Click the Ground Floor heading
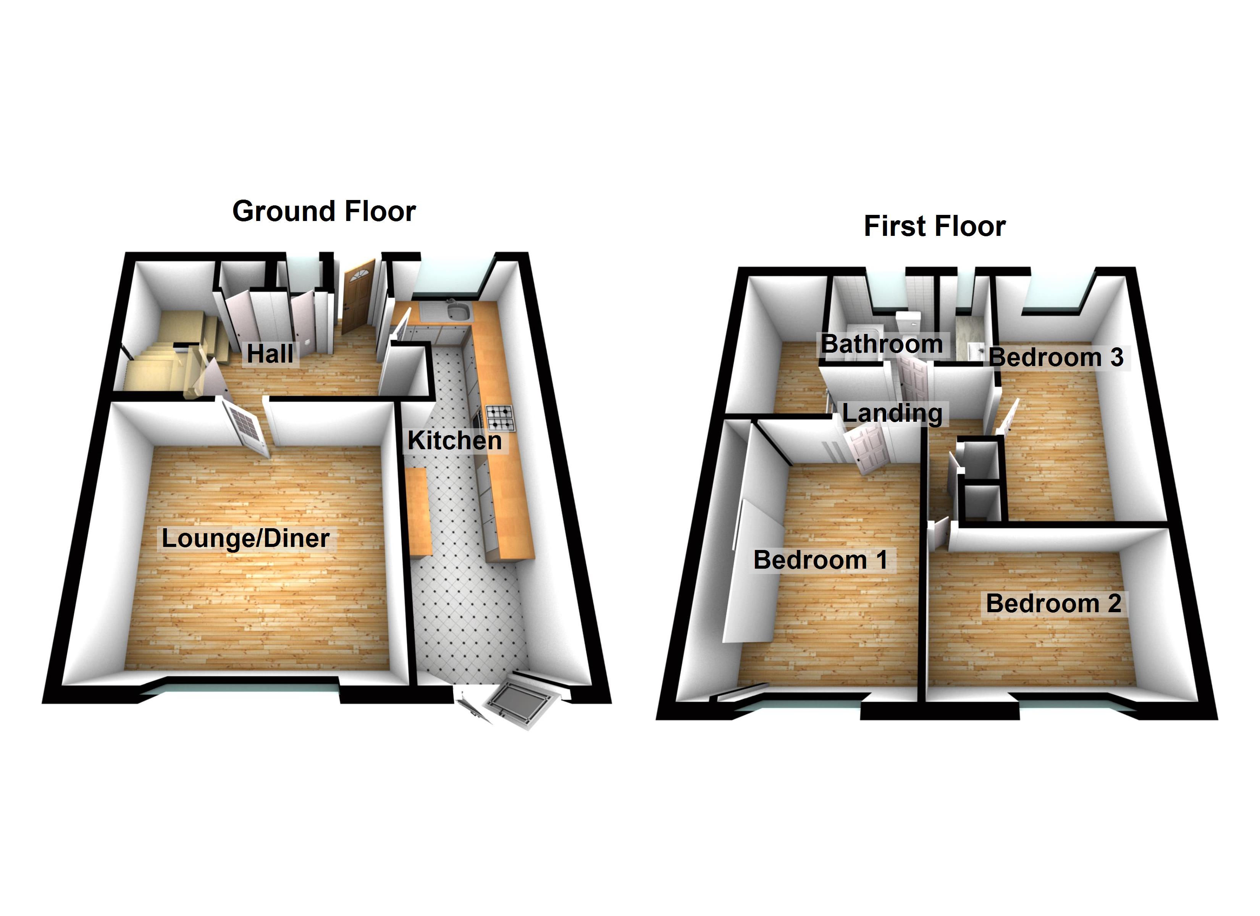tap(324, 212)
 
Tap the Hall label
tap(270, 354)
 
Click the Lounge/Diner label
tap(246, 538)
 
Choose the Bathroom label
tap(882, 344)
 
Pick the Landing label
tap(892, 413)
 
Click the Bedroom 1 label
tap(820, 560)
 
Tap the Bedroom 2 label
tap(1053, 604)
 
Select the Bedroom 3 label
tap(1056, 357)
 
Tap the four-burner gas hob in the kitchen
tap(500, 418)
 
